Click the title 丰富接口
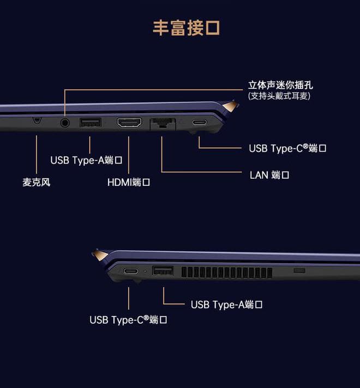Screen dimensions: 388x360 tap(186, 28)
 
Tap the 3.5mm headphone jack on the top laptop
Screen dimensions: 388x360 tap(65, 123)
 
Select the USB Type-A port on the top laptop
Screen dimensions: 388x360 tap(90, 122)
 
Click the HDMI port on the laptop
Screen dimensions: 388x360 tap(129, 123)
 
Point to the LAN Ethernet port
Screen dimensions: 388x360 tap(162, 124)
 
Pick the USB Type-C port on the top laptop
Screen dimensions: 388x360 tap(199, 122)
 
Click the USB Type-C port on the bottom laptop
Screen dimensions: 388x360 tap(130, 271)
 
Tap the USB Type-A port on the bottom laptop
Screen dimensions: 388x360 tap(163, 270)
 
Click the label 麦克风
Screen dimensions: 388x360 tap(36, 182)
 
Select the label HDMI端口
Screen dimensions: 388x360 tap(129, 182)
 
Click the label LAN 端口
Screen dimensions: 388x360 tap(269, 175)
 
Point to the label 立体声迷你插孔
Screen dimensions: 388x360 tap(280, 86)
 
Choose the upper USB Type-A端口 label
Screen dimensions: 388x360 tap(86, 160)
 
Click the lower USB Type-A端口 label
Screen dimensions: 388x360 tap(227, 305)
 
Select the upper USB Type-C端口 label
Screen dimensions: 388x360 tap(287, 148)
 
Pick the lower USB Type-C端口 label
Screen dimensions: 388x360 tap(128, 320)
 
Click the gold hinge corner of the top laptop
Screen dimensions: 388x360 tap(231, 106)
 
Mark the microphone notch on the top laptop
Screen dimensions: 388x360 tap(37, 120)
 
